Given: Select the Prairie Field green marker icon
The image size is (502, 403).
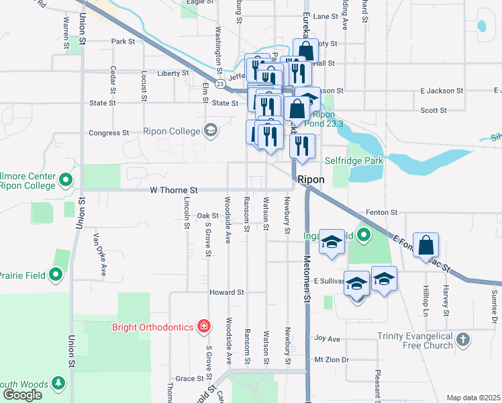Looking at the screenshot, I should [56, 275].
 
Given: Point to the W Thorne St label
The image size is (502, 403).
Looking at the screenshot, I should [174, 191].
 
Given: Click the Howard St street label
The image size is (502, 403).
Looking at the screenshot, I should [227, 293].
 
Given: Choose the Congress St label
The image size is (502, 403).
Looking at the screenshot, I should [109, 134].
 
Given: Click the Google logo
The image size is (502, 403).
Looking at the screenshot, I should [22, 395].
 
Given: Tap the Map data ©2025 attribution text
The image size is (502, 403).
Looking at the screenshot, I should [473, 398].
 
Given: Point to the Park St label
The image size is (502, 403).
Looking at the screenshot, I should [123, 42].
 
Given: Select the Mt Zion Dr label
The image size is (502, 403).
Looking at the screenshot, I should [332, 360].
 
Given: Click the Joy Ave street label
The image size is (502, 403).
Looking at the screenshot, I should [328, 339].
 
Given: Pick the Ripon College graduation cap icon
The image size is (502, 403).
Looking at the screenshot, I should [211, 130].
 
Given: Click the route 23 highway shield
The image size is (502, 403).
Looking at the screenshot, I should [220, 84].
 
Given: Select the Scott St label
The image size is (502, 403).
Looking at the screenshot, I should [434, 111].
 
